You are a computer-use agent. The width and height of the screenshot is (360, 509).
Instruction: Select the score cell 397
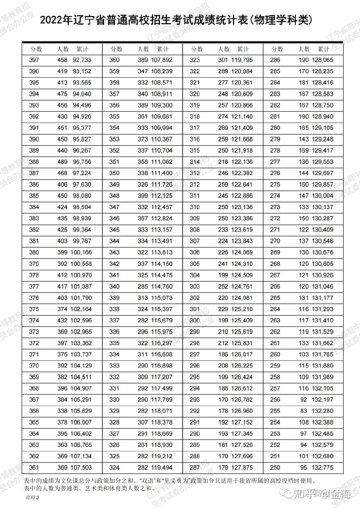[x=34, y=60]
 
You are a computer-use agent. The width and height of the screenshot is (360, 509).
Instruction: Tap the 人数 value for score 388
[x=62, y=162]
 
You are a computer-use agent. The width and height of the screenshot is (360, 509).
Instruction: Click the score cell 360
[x=114, y=60]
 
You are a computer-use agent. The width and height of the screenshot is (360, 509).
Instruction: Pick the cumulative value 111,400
[x=162, y=173]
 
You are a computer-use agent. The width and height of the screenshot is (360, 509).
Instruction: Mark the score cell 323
[x=194, y=60]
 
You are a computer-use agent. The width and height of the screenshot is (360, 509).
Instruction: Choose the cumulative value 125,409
[x=242, y=321]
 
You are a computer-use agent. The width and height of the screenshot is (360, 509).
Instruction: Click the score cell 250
[x=275, y=468]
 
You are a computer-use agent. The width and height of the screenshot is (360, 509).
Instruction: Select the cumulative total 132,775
[x=322, y=468]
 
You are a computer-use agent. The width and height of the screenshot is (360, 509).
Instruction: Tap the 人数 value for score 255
[x=303, y=411]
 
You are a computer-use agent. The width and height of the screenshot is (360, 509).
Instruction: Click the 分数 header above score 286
[x=277, y=49]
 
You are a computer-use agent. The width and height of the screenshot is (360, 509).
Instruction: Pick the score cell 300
[x=194, y=321]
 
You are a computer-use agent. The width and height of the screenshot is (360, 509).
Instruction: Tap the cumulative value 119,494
[x=162, y=468]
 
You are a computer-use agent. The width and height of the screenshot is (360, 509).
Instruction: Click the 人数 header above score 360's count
[x=143, y=49]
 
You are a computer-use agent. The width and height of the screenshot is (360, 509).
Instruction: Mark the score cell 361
[x=34, y=468]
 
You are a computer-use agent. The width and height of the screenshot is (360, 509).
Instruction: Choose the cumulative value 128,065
[x=322, y=60]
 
